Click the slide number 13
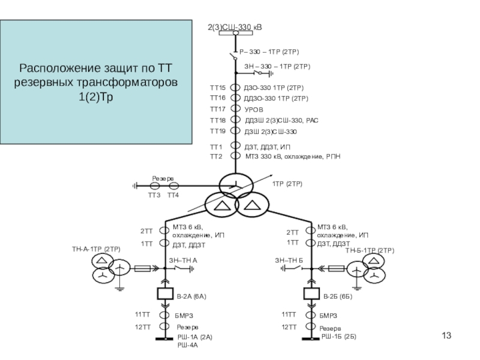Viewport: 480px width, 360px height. [446, 335]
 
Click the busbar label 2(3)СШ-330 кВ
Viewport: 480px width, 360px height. [235, 28]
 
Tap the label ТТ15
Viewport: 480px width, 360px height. [217, 87]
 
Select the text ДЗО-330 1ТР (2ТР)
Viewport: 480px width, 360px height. [276, 88]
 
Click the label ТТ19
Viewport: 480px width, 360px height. [217, 131]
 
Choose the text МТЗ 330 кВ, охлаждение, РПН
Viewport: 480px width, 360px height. [293, 157]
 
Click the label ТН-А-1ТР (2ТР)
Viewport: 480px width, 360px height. [97, 248]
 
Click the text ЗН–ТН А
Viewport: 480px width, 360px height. [183, 260]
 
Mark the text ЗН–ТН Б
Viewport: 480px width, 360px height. [289, 260]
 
